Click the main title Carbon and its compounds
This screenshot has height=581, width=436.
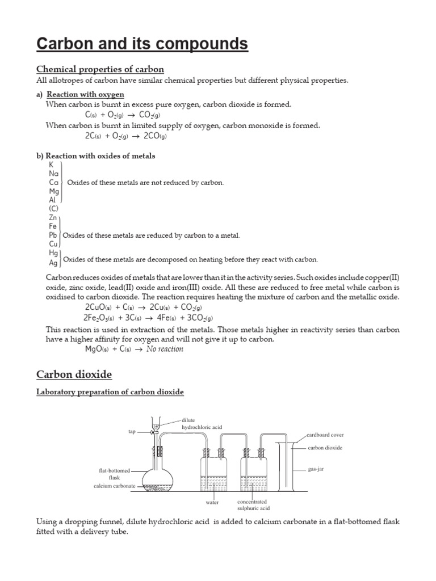[x=142, y=44]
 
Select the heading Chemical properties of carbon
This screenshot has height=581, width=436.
[x=100, y=69]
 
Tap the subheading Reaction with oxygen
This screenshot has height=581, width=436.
[x=85, y=94]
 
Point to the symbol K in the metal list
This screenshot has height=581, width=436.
[x=51, y=165]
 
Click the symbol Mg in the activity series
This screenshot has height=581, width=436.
[x=54, y=192]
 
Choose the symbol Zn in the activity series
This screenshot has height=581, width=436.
[x=53, y=217]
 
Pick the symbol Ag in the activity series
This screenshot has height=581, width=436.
[x=53, y=263]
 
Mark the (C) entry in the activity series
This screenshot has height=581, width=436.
[x=54, y=208]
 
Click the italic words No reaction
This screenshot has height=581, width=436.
[x=165, y=349]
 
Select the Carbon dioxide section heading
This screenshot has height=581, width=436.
[x=74, y=374]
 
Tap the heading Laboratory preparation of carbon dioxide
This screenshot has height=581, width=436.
[x=110, y=392]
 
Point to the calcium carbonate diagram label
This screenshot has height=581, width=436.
[x=115, y=486]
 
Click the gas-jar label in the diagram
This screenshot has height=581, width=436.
[x=316, y=470]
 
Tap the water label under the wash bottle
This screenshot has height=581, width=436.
[x=212, y=503]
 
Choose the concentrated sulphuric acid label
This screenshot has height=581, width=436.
[x=252, y=506]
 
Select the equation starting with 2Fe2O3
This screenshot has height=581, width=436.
[x=148, y=318]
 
